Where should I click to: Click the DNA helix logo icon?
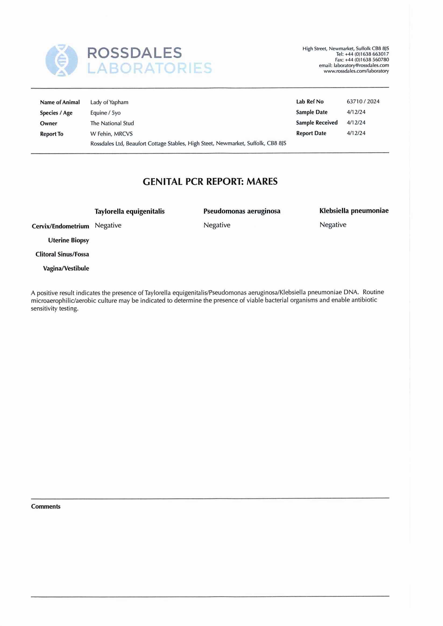[x=61, y=60]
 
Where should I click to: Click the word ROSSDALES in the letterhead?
[x=134, y=53]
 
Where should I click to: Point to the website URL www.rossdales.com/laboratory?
[x=356, y=71]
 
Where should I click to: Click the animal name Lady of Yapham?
[x=109, y=103]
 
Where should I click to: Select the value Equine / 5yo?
[x=105, y=113]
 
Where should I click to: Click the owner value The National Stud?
[x=112, y=124]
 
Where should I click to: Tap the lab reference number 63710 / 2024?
[x=363, y=102]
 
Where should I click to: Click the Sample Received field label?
[x=317, y=123]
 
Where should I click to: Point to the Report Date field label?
[x=311, y=133]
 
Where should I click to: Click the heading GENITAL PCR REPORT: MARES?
[x=210, y=182]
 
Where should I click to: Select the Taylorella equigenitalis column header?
[x=129, y=212]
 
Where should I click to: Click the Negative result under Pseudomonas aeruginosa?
[x=217, y=225]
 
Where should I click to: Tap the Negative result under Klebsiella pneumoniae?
[x=333, y=225]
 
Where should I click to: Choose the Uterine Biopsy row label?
[x=69, y=240]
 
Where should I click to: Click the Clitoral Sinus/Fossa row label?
[x=62, y=254]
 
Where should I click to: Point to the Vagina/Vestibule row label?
[x=66, y=269]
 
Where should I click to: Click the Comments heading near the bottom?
[x=46, y=506]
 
